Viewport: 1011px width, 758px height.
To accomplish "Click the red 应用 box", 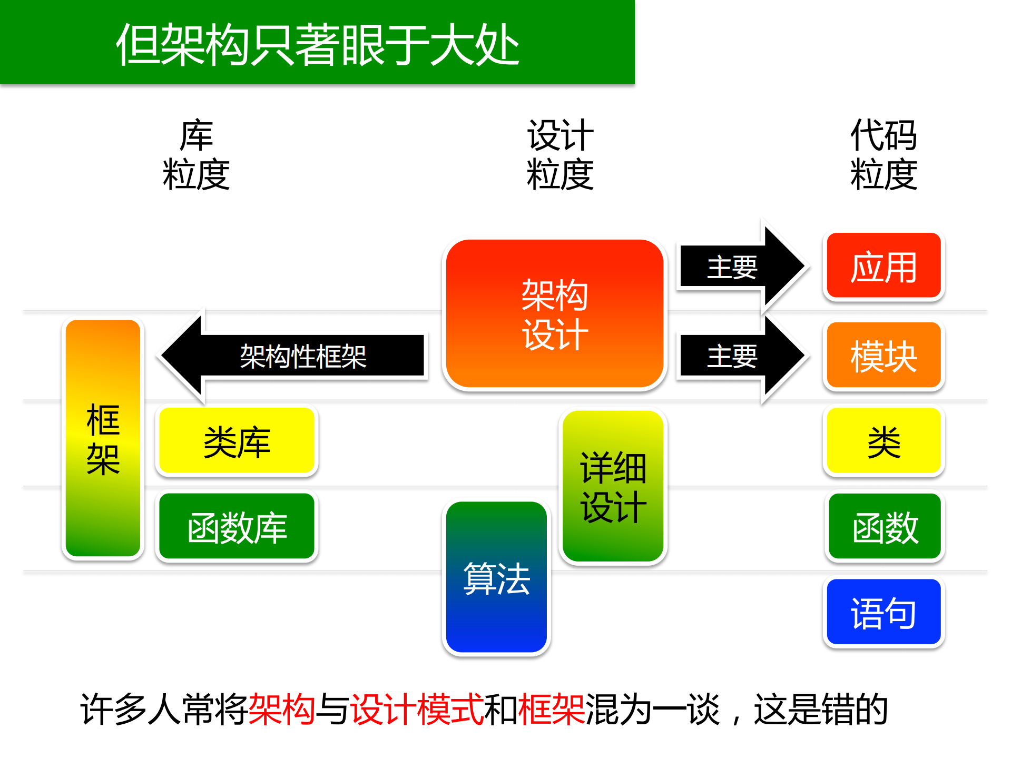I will pos(884,267).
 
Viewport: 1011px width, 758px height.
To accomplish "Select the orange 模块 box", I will pos(884,356).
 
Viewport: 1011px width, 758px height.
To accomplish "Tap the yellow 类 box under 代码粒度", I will pos(884,441).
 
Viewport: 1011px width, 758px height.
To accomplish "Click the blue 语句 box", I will pos(884,612).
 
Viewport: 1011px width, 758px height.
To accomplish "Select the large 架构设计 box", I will pos(554,314).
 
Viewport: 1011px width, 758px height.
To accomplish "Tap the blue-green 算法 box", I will pos(496,577).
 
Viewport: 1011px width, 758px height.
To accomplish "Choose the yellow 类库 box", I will pos(237,441).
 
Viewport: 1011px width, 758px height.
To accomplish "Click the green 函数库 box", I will pos(237,527).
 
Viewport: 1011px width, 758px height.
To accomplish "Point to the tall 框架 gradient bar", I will pos(103,438).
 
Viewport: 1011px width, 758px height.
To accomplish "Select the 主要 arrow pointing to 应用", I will pos(738,267).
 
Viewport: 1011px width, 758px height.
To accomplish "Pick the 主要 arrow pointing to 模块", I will pos(738,356).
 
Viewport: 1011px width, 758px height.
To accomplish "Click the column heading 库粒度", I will pos(196,155).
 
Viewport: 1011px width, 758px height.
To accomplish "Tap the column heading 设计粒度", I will pos(560,155).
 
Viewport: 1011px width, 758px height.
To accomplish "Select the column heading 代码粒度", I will pos(884,155).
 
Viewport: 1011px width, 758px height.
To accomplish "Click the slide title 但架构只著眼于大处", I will pos(317,44).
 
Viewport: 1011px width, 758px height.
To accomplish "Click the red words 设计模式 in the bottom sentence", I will pos(417,709).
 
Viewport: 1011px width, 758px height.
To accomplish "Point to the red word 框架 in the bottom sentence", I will pos(551,709).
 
